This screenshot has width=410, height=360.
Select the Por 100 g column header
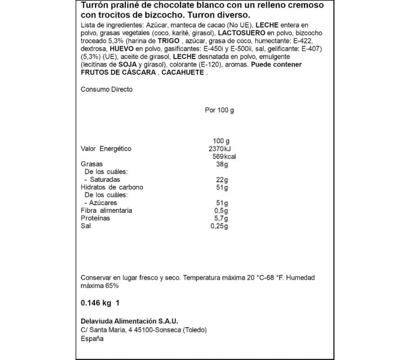pyautogui.click(x=219, y=110)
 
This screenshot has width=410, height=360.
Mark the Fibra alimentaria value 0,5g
pyautogui.click(x=220, y=210)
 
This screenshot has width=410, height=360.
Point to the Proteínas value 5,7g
pyautogui.click(x=220, y=218)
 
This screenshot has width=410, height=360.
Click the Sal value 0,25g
pyautogui.click(x=218, y=226)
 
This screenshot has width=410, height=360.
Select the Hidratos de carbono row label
pyautogui.click(x=112, y=187)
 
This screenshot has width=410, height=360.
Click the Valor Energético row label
pyautogui.click(x=106, y=149)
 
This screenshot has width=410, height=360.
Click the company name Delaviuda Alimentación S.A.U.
pyautogui.click(x=128, y=320)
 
